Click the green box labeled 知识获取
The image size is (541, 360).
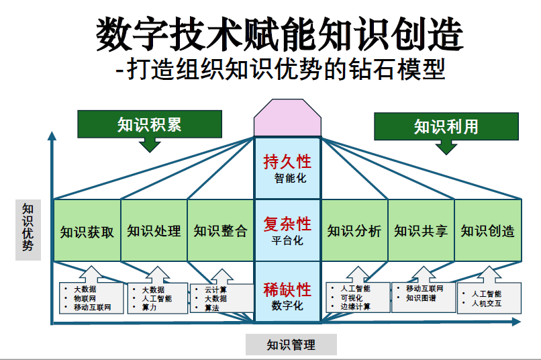(87, 231)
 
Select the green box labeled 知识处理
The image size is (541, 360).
(154, 231)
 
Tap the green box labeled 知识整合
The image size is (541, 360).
(220, 231)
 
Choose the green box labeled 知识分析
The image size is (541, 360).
(354, 231)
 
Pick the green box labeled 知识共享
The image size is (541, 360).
(421, 231)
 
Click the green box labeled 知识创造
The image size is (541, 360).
(488, 231)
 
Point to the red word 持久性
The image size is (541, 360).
(287, 162)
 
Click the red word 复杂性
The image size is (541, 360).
(287, 223)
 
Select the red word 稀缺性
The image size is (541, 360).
(287, 289)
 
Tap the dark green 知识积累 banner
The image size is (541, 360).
(149, 124)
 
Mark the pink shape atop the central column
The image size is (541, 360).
(287, 118)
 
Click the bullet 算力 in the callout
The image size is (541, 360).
(149, 308)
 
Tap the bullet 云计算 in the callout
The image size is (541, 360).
(215, 289)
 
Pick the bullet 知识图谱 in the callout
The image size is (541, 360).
(421, 298)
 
